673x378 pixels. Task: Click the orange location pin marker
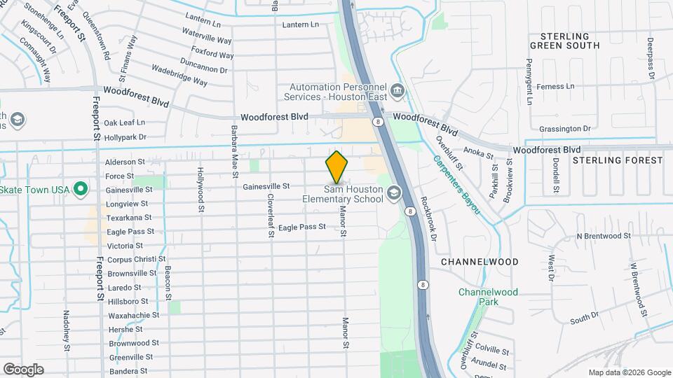click(x=336, y=168)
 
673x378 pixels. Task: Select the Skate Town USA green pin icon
click(x=81, y=189)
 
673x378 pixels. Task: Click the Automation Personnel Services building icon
click(x=397, y=91)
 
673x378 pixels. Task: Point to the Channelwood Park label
click(x=488, y=297)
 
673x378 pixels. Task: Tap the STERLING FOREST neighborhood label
click(x=617, y=160)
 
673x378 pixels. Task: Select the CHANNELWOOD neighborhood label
click(x=480, y=262)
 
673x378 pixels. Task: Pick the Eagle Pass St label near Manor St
click(x=302, y=227)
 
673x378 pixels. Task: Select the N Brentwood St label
click(x=604, y=236)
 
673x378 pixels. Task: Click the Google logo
click(x=23, y=369)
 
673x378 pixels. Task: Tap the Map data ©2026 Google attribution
click(x=630, y=372)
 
